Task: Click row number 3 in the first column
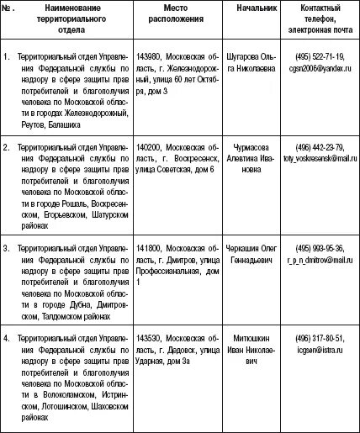coord(7,249)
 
